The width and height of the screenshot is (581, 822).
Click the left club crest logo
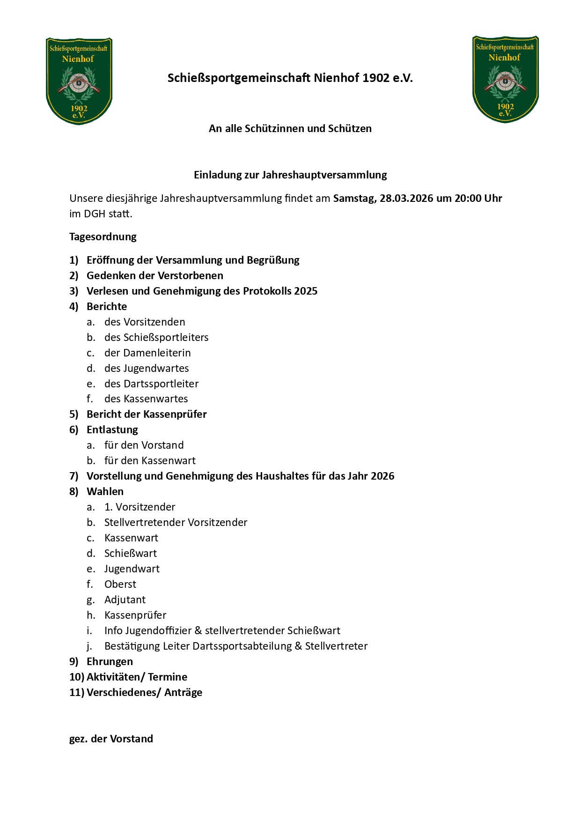pos(79,81)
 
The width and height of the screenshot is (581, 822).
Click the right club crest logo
pos(505,79)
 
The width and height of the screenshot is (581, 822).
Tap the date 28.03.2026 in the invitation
pos(406,198)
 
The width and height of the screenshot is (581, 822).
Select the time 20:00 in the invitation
pos(468,198)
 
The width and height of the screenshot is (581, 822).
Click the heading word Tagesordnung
pos(103,237)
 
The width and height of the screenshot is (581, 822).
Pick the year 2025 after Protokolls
pos(306,291)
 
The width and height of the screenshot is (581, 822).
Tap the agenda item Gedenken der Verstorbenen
pos(155,275)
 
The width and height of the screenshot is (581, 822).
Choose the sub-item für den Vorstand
pos(144,445)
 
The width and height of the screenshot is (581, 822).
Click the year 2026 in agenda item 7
pos(382,476)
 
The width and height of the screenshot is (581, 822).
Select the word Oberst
pos(120,584)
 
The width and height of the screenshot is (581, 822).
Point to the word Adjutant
pos(125,600)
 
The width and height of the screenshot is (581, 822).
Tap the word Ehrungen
pos(110,661)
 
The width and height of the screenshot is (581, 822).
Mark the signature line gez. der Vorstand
pos(111,739)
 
